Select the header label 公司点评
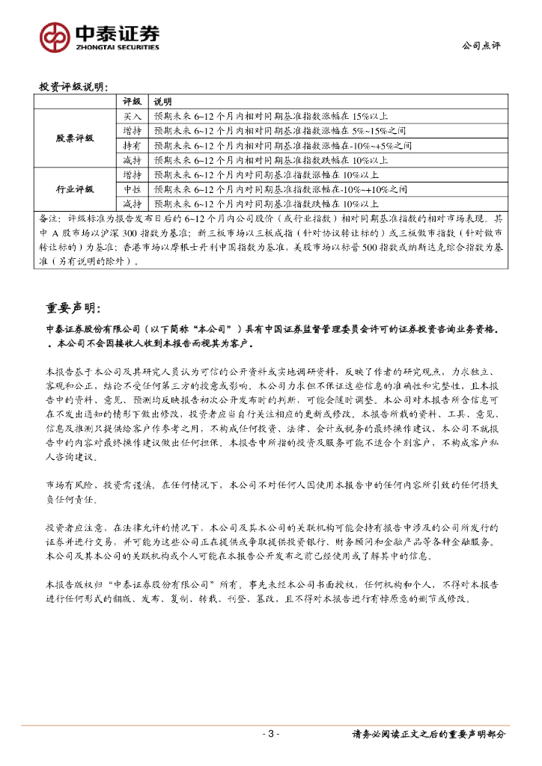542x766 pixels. tap(481, 46)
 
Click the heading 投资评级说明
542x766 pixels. tap(73, 87)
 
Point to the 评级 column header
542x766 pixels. tap(132, 102)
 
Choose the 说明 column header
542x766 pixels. tap(162, 102)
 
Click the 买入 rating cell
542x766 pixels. tap(132, 117)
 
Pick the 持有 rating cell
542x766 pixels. tap(132, 145)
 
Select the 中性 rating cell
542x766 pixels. tap(132, 189)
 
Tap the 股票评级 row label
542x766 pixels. tap(75, 138)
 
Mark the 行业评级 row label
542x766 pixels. tap(75, 189)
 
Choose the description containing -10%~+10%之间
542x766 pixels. tap(281, 189)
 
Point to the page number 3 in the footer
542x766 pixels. tap(271, 735)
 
